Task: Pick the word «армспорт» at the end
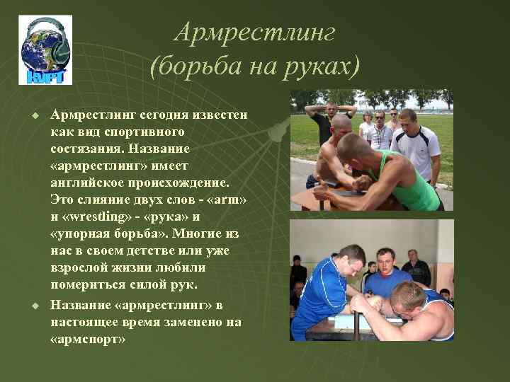click(x=89, y=338)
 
